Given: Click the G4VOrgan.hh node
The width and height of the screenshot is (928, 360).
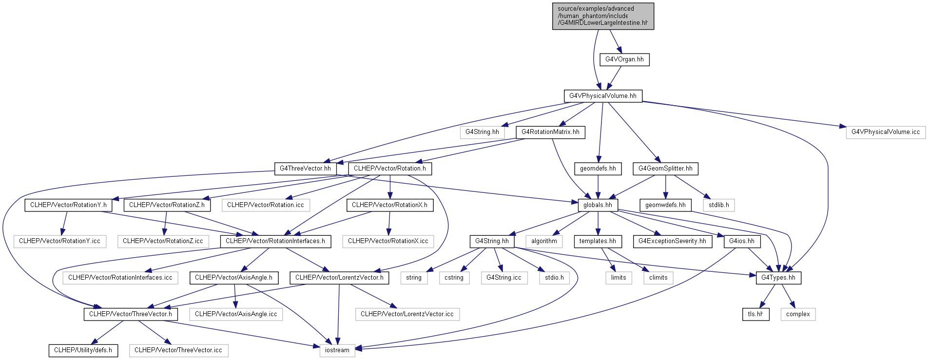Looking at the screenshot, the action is tap(624, 59).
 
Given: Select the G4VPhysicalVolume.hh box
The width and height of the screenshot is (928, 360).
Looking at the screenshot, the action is tap(603, 96).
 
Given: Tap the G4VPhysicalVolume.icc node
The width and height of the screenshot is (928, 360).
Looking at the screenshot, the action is tap(886, 132).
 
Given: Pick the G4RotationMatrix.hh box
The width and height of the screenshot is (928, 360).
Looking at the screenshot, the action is tap(550, 132).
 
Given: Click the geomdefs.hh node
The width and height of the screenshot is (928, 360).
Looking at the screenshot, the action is tap(598, 169).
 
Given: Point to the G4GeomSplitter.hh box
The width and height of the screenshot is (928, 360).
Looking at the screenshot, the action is tap(665, 169).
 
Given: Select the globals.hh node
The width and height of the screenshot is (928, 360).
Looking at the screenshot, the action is tap(598, 205).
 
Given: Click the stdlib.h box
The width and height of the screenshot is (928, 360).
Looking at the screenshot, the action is tap(719, 205).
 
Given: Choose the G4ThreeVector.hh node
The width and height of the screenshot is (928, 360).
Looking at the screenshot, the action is tap(305, 169).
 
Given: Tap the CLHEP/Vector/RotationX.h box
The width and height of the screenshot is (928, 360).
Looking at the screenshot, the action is tap(389, 205).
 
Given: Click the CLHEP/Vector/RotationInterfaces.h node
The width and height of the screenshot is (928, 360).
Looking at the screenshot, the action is tap(275, 241).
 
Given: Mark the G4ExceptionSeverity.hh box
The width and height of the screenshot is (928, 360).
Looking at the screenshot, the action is tap(672, 241).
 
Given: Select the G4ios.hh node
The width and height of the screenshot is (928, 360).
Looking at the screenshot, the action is tap(742, 241).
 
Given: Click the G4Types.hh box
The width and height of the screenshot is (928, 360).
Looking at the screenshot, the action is tap(778, 278).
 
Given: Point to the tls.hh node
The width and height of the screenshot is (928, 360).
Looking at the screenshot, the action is tap(756, 314).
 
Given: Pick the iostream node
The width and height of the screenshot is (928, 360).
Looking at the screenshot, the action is tap(337, 350).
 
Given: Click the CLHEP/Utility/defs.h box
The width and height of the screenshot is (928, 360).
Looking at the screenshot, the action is tap(83, 350).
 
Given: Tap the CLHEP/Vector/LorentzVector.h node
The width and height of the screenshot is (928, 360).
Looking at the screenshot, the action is tap(339, 278).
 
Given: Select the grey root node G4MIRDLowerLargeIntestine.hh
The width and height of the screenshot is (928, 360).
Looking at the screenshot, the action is tap(603, 16).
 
